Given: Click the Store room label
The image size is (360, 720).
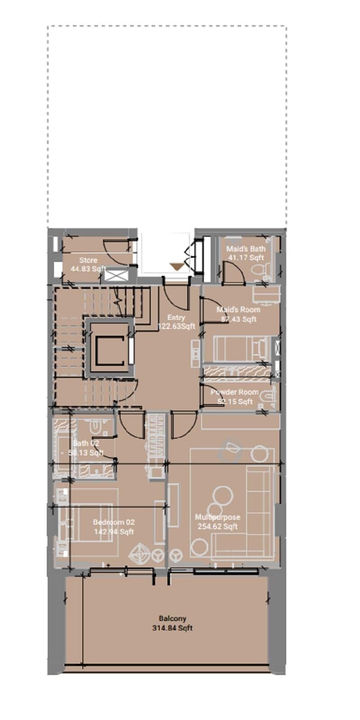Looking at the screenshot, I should click(x=88, y=260).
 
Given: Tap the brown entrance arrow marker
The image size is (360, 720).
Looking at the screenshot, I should click(x=177, y=266).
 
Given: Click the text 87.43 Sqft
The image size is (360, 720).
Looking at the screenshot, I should click(x=238, y=319).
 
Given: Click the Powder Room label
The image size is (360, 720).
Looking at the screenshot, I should click(x=234, y=392).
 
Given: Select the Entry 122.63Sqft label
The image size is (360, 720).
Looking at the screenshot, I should click(x=176, y=322).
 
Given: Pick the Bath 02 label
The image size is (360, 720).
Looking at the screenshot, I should click(x=86, y=443).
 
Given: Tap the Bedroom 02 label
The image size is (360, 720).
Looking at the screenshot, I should click(x=113, y=522).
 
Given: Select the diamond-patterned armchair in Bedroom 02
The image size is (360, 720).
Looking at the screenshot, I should click(x=140, y=554).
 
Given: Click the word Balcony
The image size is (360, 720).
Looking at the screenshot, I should click(x=172, y=619).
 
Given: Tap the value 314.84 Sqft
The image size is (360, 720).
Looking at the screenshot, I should click(x=172, y=628).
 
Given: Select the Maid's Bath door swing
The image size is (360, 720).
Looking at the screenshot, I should click(x=233, y=273).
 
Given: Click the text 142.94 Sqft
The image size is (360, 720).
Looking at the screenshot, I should click(x=113, y=532).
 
